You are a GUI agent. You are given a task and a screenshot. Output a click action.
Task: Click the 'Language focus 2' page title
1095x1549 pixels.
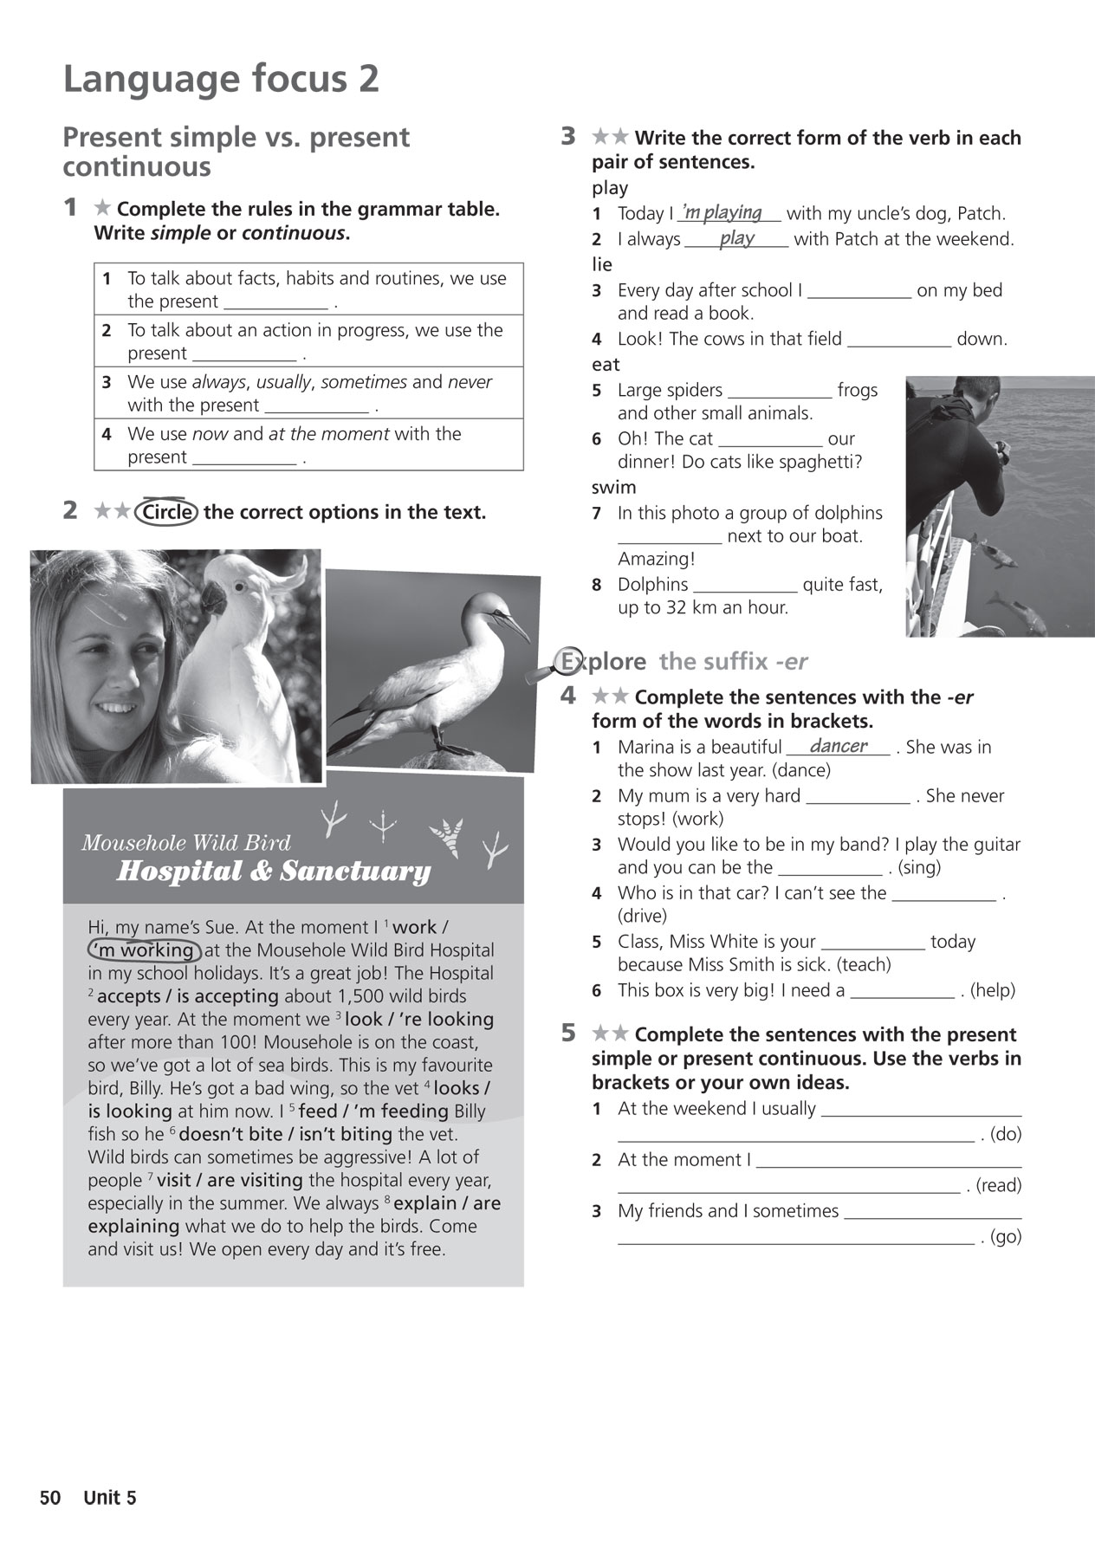tap(221, 80)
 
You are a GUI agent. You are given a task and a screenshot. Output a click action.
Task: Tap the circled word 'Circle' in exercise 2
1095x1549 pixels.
tap(167, 512)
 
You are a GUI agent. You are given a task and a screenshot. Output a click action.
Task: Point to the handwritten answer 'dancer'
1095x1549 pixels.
tap(838, 746)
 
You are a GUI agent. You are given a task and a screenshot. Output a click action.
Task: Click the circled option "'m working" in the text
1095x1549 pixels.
tap(145, 950)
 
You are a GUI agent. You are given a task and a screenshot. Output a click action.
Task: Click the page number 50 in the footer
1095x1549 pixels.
tap(50, 1498)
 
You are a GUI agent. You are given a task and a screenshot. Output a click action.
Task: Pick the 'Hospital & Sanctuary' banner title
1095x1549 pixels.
tap(273, 872)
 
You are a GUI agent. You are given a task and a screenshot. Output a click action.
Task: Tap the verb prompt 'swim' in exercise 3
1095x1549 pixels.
tap(613, 488)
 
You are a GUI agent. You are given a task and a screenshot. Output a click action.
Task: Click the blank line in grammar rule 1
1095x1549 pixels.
tap(275, 302)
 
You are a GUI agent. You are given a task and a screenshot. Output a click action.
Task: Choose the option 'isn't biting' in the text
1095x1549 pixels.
tap(344, 1134)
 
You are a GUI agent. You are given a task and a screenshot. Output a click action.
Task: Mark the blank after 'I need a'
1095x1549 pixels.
tap(902, 991)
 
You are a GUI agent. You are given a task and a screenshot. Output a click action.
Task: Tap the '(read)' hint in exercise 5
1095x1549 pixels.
tap(998, 1185)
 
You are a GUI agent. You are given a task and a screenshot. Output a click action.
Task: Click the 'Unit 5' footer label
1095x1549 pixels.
tap(110, 1498)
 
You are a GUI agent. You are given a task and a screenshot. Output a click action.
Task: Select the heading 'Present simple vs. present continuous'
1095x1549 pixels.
tap(236, 151)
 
